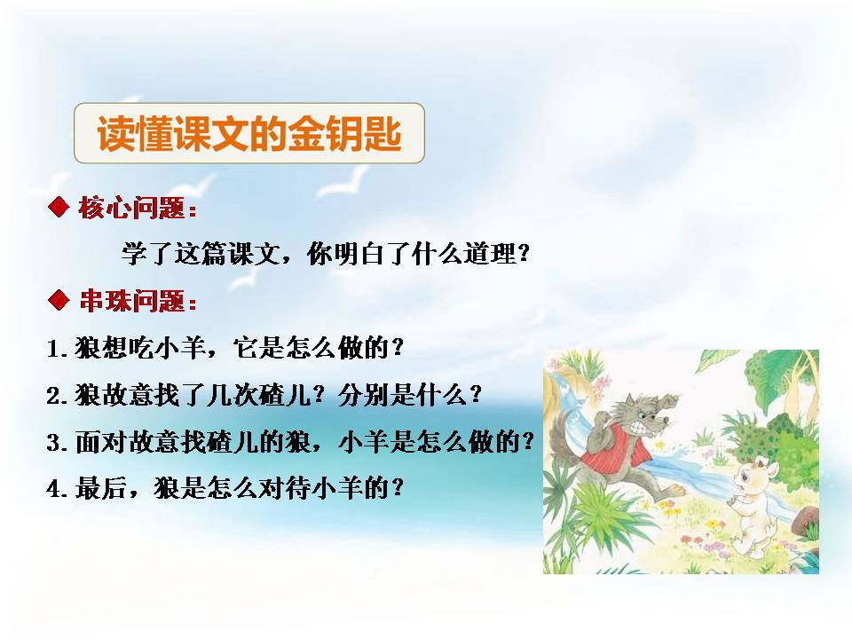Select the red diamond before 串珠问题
(59, 301)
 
